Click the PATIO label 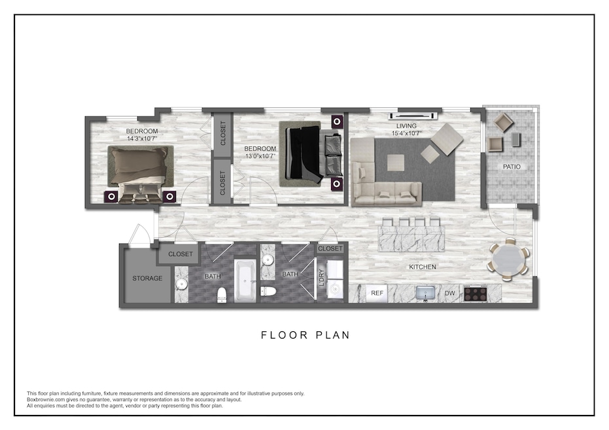512,167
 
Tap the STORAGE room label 147,278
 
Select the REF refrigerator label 377,293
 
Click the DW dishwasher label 449,293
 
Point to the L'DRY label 321,278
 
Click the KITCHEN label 422,267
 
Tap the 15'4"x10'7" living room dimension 407,133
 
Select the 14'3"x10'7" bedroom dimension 142,138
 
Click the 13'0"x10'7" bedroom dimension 260,156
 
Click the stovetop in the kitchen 476,293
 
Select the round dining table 508,260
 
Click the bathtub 245,280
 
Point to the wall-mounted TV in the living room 414,115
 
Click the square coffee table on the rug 395,162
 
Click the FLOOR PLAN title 305,335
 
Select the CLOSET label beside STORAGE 181,254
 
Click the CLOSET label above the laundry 330,248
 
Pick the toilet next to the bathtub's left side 222,295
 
